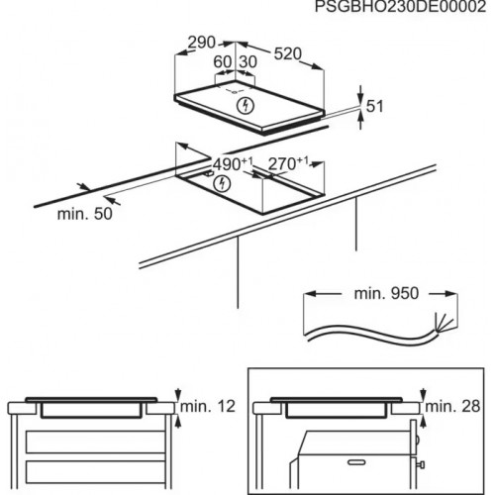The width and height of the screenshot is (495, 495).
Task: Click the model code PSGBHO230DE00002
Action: (x=400, y=6)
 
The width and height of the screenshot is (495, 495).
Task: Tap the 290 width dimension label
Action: (x=201, y=43)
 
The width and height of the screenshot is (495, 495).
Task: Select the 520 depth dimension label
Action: (x=288, y=53)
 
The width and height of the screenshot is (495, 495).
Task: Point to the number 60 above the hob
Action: (x=223, y=61)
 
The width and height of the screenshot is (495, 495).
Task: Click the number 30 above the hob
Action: (x=247, y=61)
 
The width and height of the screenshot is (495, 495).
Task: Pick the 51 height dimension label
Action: (x=375, y=107)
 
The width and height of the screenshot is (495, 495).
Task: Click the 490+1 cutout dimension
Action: (x=233, y=164)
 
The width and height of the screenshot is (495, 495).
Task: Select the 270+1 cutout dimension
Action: (x=288, y=164)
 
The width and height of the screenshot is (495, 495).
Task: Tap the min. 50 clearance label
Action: (x=85, y=214)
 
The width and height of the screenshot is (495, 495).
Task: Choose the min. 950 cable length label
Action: (x=386, y=293)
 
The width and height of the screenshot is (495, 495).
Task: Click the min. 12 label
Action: (x=208, y=406)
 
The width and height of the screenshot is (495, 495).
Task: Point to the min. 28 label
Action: (x=452, y=406)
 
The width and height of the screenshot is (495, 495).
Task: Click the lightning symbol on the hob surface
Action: (x=246, y=106)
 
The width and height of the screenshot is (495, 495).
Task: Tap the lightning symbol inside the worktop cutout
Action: (x=222, y=184)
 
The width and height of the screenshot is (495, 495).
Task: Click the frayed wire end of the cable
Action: (x=445, y=322)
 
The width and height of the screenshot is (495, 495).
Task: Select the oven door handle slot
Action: (x=357, y=462)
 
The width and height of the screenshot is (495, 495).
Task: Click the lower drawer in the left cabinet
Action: (x=95, y=471)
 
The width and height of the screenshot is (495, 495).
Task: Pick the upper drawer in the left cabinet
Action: (x=95, y=442)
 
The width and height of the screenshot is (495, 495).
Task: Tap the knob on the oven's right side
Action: (x=421, y=464)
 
